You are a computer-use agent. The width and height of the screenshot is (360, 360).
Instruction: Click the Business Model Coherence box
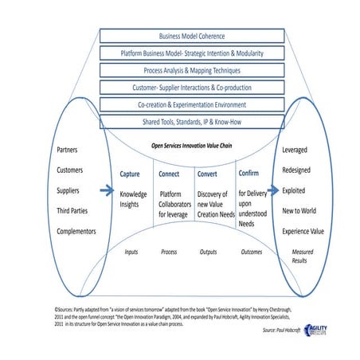click(x=192, y=36)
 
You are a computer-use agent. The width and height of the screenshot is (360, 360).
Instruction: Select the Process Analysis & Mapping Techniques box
click(x=192, y=70)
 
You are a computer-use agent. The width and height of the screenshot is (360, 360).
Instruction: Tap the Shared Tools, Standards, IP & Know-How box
click(x=192, y=121)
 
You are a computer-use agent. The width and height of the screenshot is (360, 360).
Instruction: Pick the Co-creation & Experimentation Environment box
click(x=192, y=104)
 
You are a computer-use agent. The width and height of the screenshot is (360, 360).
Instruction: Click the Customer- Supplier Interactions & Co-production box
click(x=192, y=87)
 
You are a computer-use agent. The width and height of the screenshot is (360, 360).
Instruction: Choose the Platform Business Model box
click(x=192, y=53)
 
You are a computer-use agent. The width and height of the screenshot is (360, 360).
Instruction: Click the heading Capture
click(x=131, y=174)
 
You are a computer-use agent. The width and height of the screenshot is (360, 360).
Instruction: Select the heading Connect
click(x=169, y=174)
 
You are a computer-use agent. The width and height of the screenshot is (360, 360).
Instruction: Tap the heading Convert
click(x=208, y=174)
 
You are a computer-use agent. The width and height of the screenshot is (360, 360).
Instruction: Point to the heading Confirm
click(x=248, y=173)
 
